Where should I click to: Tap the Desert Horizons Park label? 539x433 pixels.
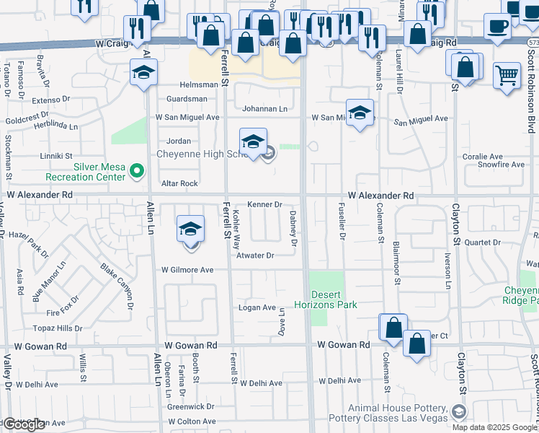pyautogui.click(x=334, y=299)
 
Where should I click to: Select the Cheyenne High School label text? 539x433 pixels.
pyautogui.click(x=202, y=154)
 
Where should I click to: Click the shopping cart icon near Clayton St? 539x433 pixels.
pyautogui.click(x=507, y=74)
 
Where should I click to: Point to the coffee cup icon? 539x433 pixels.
pyautogui.click(x=496, y=26)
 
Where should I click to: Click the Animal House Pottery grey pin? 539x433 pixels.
pyautogui.click(x=458, y=412)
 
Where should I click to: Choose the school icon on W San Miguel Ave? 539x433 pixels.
pyautogui.click(x=360, y=112)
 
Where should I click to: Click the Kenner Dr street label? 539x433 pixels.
pyautogui.click(x=264, y=205)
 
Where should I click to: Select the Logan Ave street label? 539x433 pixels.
pyautogui.click(x=258, y=307)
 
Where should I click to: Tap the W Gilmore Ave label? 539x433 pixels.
pyautogui.click(x=187, y=270)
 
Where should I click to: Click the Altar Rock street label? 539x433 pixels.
pyautogui.click(x=179, y=184)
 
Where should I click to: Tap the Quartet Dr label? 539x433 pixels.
pyautogui.click(x=482, y=242)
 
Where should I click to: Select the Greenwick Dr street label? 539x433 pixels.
pyautogui.click(x=190, y=406)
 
